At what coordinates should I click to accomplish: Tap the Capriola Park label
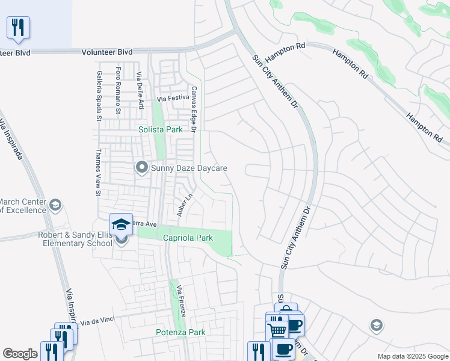188,238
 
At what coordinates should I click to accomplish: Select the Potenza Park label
180,332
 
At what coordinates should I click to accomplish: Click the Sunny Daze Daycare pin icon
142,167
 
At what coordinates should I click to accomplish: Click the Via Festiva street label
173,98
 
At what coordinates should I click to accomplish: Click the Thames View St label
98,172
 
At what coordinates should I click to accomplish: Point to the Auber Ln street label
184,205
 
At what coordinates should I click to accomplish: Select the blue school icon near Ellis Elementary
121,224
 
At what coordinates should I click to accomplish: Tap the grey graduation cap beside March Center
55,205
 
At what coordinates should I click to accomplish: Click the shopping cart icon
277,329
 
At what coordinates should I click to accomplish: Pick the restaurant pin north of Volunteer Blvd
18,27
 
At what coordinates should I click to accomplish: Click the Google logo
20,354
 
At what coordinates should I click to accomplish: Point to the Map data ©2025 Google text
412,356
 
